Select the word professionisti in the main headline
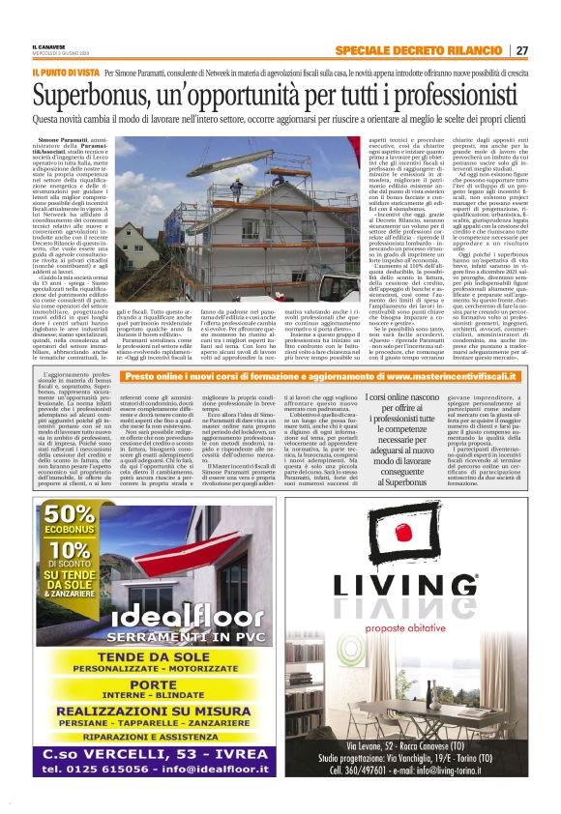pos(445,96)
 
